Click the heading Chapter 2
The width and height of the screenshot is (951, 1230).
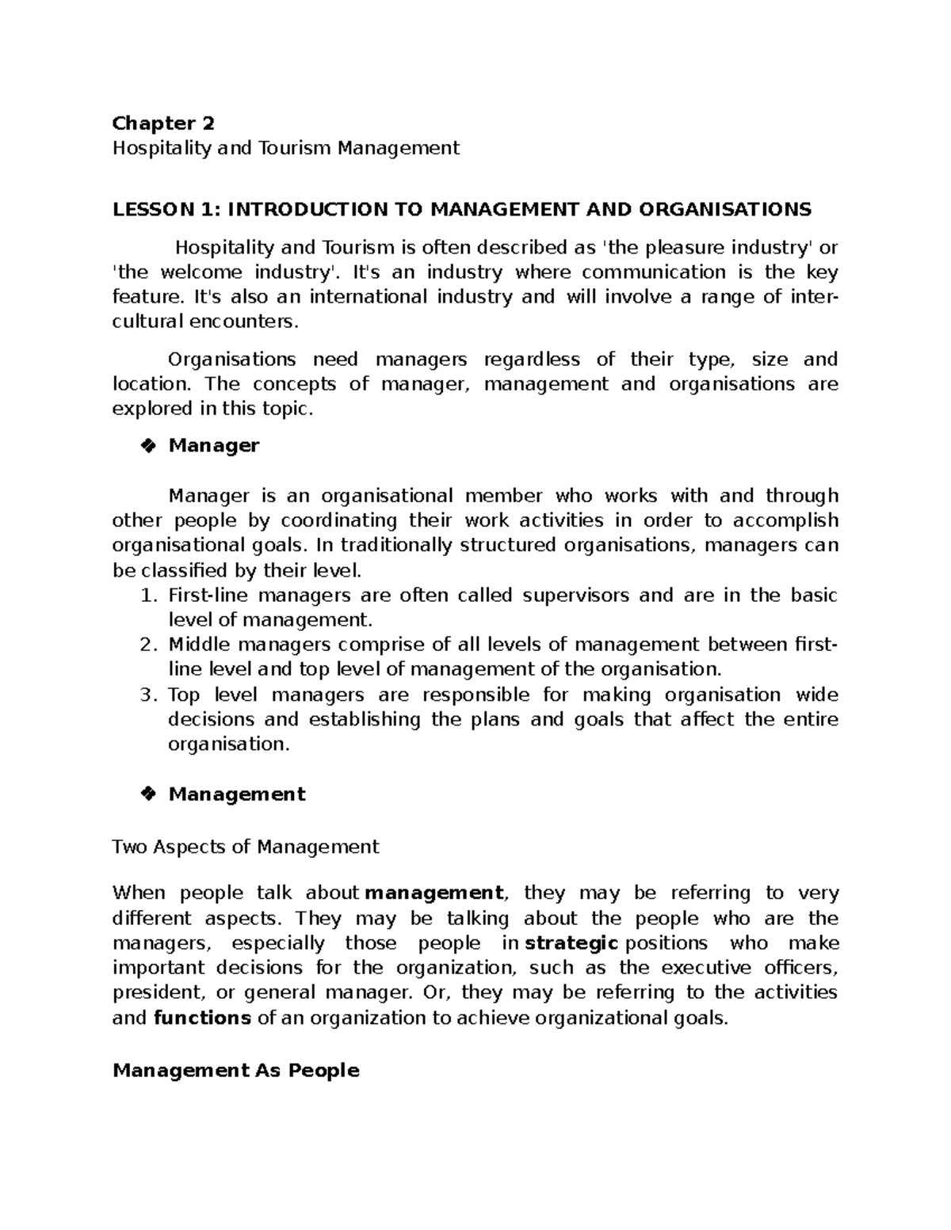point(163,123)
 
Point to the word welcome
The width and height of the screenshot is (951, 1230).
point(201,272)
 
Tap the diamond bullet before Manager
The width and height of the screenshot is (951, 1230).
point(147,446)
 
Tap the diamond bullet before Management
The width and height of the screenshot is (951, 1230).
point(147,794)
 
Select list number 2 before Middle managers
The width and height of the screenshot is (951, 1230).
point(147,645)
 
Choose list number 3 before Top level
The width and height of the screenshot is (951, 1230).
point(147,695)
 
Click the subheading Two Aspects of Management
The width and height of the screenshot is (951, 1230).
point(246,847)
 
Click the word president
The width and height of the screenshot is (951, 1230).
point(157,992)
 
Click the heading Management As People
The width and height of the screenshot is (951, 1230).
point(236,1071)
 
